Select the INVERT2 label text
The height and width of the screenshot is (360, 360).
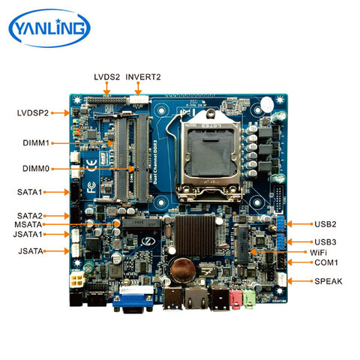143,77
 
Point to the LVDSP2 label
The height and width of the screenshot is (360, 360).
33,113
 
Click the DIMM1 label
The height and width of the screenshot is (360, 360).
35,142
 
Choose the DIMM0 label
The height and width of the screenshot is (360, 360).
35,171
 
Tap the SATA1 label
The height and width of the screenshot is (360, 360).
32,193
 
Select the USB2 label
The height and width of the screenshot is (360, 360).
325,224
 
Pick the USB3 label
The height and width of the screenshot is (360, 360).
325,241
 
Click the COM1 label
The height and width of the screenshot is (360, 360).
325,263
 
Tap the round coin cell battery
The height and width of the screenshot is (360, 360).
182,267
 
